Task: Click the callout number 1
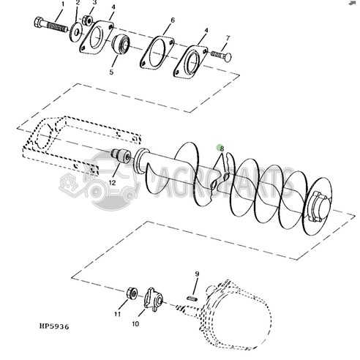(62, 4)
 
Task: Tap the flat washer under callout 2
(76, 31)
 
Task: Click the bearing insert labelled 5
(120, 47)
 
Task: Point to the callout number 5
(111, 72)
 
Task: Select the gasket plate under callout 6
(154, 53)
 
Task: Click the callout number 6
(173, 20)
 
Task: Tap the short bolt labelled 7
(220, 56)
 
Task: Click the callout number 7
(228, 37)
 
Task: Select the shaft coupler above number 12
(120, 157)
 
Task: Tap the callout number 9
(196, 274)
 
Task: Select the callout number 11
(116, 314)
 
